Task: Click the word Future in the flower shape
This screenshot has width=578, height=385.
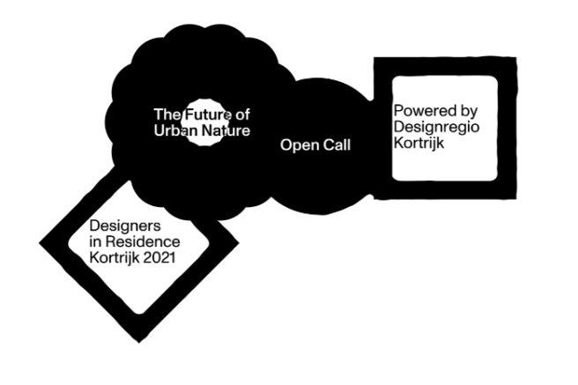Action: click(208, 115)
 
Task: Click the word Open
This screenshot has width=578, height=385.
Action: click(300, 145)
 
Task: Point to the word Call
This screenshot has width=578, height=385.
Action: click(337, 144)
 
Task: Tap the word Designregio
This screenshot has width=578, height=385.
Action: click(436, 127)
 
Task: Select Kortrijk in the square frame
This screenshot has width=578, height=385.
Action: click(419, 143)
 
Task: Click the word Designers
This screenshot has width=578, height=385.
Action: click(125, 226)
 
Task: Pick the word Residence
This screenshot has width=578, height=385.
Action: click(143, 241)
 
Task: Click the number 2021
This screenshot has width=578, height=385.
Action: click(159, 257)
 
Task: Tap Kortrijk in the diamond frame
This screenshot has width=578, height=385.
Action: click(115, 258)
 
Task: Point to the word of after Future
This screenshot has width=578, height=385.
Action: click(243, 115)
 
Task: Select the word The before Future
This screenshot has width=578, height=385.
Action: click(167, 115)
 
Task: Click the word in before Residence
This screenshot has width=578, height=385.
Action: click(95, 241)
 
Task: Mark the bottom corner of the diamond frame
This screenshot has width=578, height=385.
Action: click(139, 343)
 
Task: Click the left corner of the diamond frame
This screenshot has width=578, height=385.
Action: click(39, 243)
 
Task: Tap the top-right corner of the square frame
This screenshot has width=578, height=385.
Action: click(516, 57)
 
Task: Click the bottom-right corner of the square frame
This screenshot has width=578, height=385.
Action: click(516, 199)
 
